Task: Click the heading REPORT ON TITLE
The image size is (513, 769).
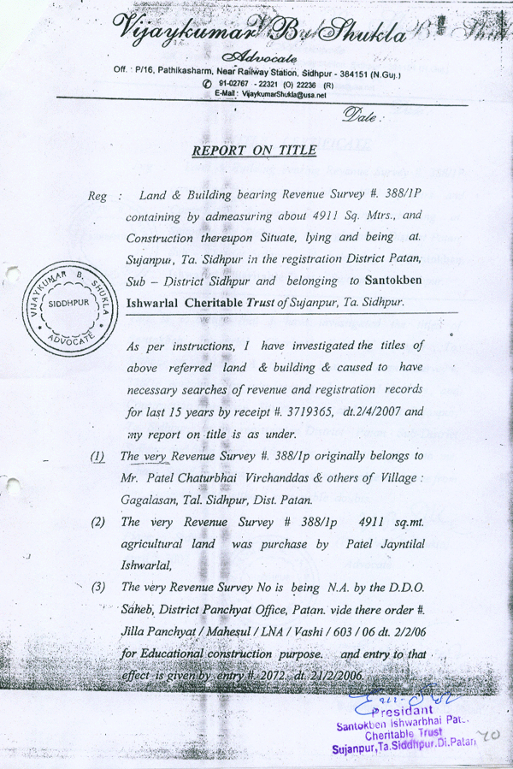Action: click(255, 151)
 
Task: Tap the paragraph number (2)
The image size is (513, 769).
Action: click(99, 522)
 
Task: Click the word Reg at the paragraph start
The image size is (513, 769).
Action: click(97, 196)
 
